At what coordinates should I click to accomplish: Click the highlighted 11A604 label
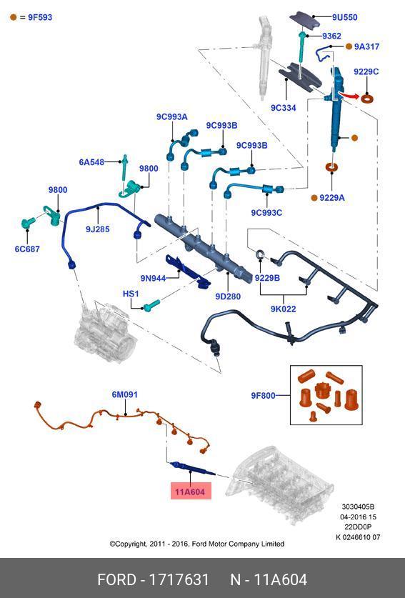[x=190, y=492]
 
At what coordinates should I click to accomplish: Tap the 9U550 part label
[x=344, y=17]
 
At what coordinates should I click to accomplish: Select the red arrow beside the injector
[x=349, y=95]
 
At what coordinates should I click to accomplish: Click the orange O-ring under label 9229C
[x=367, y=99]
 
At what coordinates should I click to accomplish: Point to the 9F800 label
[x=263, y=396]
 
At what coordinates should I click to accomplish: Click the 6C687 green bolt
[x=27, y=223]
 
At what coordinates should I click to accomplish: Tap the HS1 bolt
[x=151, y=305]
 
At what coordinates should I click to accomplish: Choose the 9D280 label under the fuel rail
[x=228, y=296]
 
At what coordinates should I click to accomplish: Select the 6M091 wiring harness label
[x=125, y=394]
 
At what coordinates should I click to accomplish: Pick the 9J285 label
[x=98, y=229]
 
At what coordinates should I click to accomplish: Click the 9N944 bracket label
[x=154, y=279]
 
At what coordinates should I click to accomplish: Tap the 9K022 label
[x=284, y=309]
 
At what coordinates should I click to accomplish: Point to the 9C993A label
[x=172, y=117]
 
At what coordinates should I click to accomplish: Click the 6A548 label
[x=91, y=162]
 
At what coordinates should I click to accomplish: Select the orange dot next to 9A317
[x=349, y=46]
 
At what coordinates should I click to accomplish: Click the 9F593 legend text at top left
[x=40, y=17]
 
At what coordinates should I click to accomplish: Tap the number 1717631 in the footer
[x=179, y=579]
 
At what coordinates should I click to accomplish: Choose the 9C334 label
[x=284, y=108]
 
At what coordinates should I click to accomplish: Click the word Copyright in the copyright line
[x=131, y=544]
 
